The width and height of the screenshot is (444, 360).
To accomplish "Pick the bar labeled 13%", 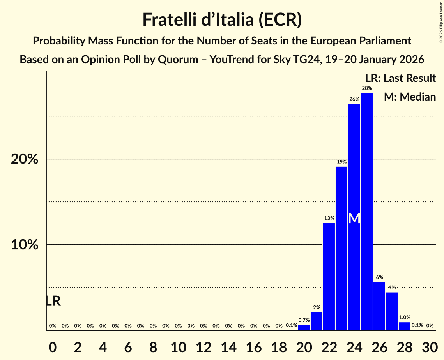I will click(x=329, y=277).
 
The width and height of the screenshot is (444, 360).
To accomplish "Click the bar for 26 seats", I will click(x=379, y=306).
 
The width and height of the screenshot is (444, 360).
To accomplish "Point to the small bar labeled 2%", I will click(x=317, y=321).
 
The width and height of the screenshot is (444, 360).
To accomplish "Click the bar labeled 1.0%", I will click(x=404, y=326).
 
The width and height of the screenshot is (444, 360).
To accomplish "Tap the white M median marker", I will click(x=354, y=219).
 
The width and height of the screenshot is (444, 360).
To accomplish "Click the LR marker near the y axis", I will click(x=53, y=301).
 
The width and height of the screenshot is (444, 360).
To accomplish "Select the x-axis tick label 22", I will click(x=329, y=346).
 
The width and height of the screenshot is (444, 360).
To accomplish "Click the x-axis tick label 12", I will click(x=203, y=346).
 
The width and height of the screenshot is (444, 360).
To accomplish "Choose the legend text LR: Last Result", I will click(x=400, y=78).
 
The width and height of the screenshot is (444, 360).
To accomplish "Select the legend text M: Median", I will click(x=410, y=97).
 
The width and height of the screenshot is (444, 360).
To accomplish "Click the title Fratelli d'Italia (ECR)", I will click(x=222, y=20).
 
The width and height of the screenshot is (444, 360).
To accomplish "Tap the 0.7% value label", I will click(x=304, y=320).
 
